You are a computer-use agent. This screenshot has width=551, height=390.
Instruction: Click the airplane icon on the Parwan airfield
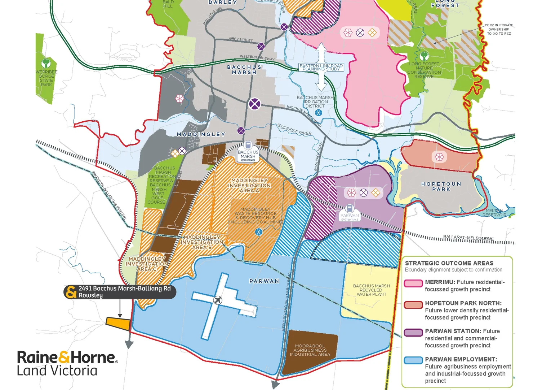tap(218, 300)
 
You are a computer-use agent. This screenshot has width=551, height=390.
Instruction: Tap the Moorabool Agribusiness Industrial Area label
tap(310, 350)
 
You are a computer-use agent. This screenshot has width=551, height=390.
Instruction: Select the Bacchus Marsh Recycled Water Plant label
tap(371, 290)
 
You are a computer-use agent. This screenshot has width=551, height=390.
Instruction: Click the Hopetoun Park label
tap(441, 186)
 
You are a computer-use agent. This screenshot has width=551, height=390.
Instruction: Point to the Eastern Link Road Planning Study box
tap(321, 67)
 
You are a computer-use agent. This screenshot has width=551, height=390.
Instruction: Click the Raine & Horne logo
tap(67, 363)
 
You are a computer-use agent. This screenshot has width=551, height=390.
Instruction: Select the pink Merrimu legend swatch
tap(413, 283)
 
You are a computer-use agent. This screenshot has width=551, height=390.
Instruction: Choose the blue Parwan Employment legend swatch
tap(413, 360)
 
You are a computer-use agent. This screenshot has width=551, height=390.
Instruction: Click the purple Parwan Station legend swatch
tap(413, 332)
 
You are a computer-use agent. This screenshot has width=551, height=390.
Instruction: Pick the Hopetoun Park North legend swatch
tap(413, 304)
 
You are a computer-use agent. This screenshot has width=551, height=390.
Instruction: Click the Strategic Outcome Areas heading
tap(449, 263)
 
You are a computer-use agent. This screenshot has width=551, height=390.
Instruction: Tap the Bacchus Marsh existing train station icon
tap(248, 146)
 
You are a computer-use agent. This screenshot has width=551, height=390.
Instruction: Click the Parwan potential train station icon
tap(349, 208)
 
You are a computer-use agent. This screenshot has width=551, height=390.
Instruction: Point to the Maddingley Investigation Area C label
tap(147, 264)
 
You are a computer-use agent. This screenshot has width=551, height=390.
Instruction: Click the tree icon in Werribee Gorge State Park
tap(46, 63)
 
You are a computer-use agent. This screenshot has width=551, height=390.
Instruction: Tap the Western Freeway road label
tap(257, 57)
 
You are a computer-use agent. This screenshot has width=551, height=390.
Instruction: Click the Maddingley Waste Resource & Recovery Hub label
tap(255, 216)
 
